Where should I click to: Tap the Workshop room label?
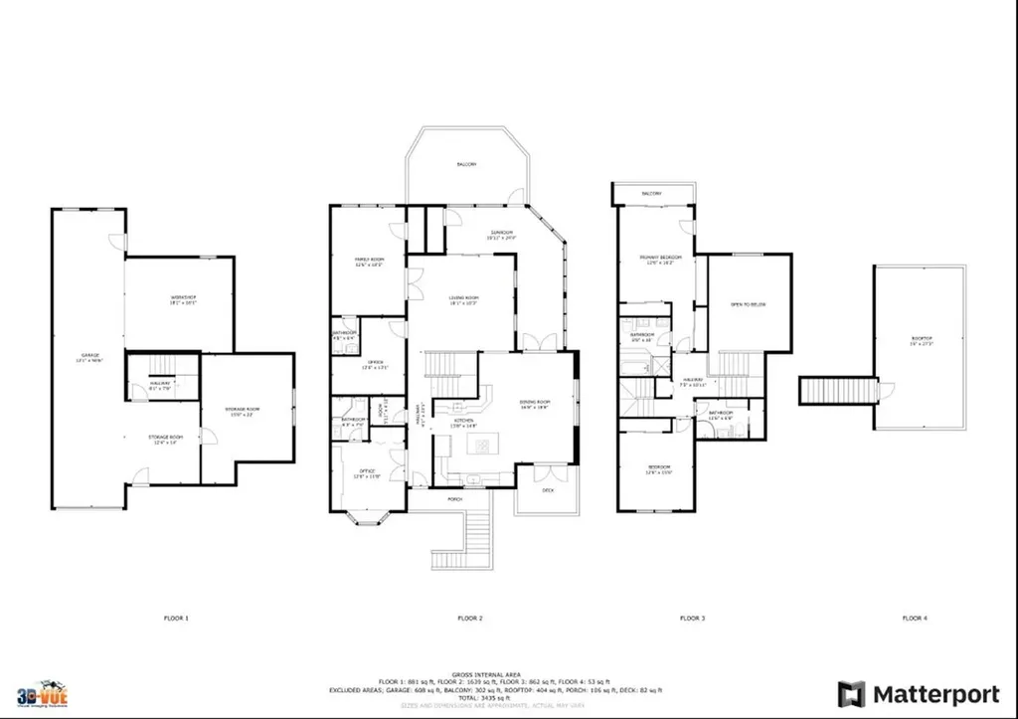pos(184,300)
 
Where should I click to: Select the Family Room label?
pos(369,261)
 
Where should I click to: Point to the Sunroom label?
pos(487,235)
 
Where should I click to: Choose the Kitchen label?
pos(464,422)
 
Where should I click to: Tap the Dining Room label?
pos(536,404)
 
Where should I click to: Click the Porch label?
pos(456,498)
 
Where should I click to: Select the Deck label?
pos(548,491)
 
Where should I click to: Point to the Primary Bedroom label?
pos(657,260)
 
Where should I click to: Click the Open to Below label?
pos(748,304)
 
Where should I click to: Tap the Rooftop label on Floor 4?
pos(921,340)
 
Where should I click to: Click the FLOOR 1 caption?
pos(176,619)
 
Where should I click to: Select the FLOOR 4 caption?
pos(915,619)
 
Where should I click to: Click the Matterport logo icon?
pos(851,693)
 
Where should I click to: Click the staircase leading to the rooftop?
pos(840,389)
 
